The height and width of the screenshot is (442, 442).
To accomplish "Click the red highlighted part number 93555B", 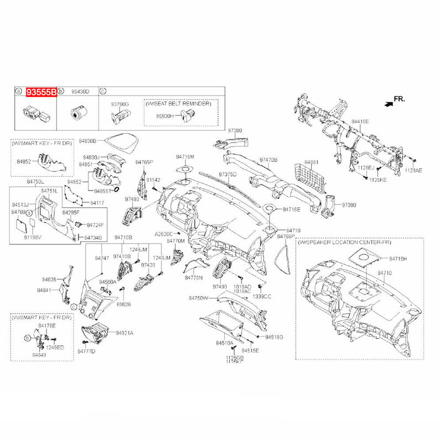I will pyautogui.click(x=42, y=92).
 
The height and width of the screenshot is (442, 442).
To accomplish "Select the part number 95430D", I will pyautogui.click(x=76, y=92).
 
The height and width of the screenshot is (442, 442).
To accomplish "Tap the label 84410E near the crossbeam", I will pyautogui.click(x=360, y=120).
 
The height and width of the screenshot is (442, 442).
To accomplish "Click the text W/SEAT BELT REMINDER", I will pyautogui.click(x=182, y=103).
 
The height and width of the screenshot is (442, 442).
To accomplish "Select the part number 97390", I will pyautogui.click(x=349, y=204).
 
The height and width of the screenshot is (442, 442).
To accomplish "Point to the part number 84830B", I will pyautogui.click(x=87, y=141).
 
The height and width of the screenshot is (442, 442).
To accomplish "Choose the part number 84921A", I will pyautogui.click(x=124, y=333).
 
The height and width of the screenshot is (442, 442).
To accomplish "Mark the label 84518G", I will pyautogui.click(x=274, y=336).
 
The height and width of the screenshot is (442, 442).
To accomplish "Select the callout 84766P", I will pyautogui.click(x=286, y=236).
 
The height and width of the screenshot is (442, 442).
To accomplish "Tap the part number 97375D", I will pyautogui.click(x=227, y=174).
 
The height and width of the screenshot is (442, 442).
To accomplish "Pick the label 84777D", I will pyautogui.click(x=87, y=351).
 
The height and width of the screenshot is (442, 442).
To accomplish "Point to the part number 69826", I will pyautogui.click(x=123, y=304).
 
